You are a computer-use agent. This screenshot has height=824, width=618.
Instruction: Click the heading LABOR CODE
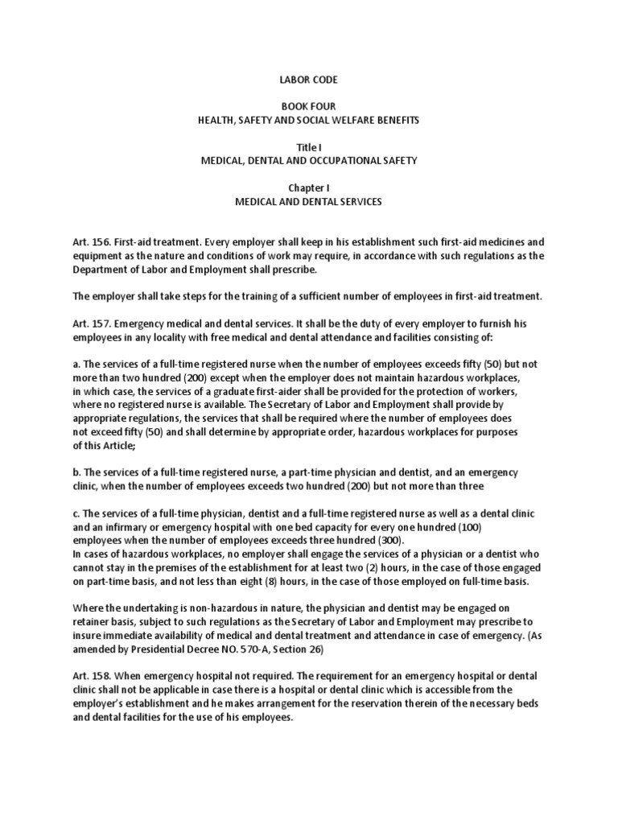(x=308, y=80)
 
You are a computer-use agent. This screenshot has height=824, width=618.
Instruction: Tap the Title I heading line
(x=309, y=147)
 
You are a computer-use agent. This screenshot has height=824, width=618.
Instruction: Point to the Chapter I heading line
(x=308, y=188)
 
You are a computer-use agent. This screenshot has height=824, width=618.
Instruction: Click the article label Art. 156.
(x=88, y=241)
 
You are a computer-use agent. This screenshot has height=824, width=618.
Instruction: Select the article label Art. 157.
(x=88, y=323)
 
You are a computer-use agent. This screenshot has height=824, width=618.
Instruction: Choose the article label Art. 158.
(x=88, y=675)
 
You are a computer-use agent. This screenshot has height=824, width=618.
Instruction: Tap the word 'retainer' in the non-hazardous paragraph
(x=91, y=622)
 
